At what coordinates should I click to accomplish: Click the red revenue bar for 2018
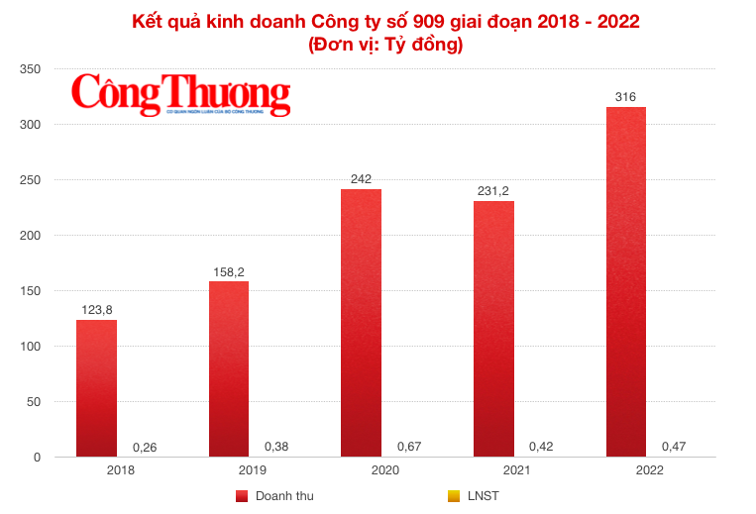point(96,388)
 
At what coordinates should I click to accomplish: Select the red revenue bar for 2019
point(228,368)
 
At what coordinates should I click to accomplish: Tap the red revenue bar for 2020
point(361,323)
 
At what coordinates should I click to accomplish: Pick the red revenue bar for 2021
point(493,329)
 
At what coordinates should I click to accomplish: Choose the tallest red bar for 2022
point(625,282)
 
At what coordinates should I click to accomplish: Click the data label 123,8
point(96,310)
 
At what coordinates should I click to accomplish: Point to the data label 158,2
point(228,271)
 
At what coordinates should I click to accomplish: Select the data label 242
point(361,179)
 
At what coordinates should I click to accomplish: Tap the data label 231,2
point(493,191)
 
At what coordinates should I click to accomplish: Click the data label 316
point(625,97)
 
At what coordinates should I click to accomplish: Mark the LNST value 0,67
point(409,447)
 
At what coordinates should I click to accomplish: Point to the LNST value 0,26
point(145,447)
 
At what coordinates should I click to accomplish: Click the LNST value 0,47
point(675,447)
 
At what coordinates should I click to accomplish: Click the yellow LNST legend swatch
point(453,495)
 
